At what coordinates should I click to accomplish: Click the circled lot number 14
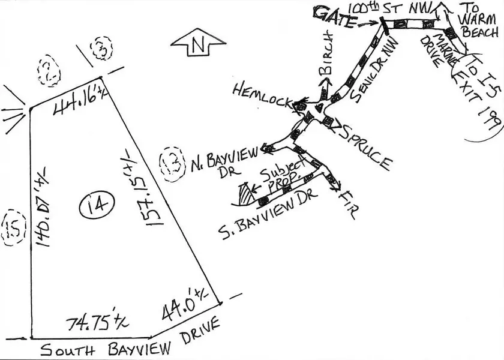pos(97,206)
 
